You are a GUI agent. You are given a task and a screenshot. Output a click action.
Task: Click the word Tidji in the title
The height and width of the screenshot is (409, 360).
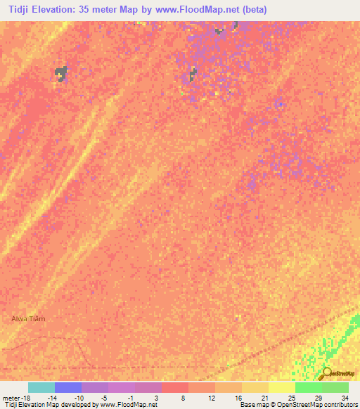tap(16, 10)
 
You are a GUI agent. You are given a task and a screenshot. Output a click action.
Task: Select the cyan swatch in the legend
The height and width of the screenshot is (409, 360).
tap(41, 387)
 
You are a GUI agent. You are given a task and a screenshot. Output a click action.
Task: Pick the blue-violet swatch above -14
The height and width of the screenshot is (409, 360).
tap(68, 387)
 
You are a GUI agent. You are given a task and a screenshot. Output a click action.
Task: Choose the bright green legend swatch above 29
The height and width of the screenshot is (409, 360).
tap(309, 387)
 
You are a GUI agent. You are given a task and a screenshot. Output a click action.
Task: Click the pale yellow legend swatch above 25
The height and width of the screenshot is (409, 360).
tap(282, 387)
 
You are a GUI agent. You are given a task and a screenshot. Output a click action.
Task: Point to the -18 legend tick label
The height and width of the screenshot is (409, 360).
tap(26, 398)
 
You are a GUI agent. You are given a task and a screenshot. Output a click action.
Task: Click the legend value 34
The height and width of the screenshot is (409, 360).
tap(345, 398)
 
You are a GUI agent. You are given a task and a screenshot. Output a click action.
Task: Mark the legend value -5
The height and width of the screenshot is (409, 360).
tap(104, 398)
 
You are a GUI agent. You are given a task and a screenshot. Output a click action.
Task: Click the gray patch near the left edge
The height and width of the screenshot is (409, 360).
tap(62, 72)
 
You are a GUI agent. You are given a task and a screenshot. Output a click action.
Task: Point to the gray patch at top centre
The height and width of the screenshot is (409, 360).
tap(192, 74)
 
